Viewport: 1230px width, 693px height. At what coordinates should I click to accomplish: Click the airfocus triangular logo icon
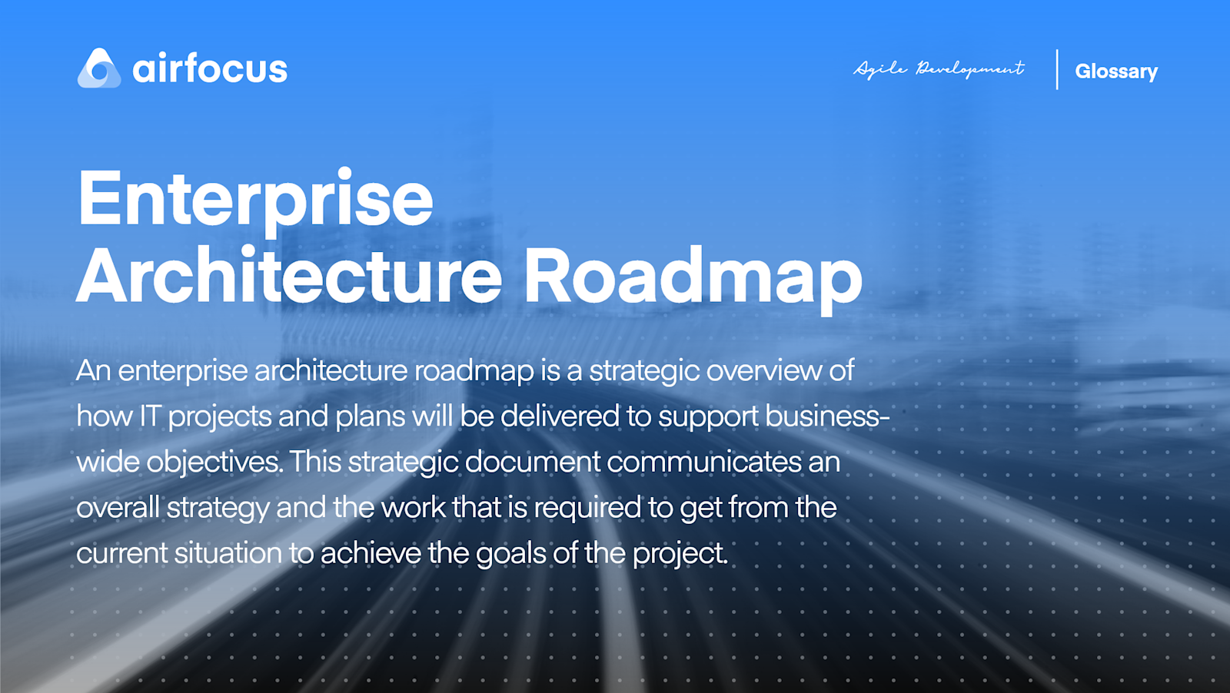[99, 69]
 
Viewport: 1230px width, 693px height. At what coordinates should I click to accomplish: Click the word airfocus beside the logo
[210, 69]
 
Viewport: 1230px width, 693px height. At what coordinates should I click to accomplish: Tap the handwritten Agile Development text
[939, 69]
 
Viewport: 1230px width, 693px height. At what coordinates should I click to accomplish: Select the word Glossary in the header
[1115, 71]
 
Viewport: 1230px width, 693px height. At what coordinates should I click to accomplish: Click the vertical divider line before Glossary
[1057, 69]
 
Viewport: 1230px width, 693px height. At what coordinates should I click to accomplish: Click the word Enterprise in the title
[256, 199]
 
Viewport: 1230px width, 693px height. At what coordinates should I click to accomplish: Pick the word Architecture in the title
[289, 277]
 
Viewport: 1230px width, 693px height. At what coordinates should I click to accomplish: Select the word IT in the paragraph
[149, 416]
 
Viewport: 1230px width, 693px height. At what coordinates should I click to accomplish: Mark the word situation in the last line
[228, 553]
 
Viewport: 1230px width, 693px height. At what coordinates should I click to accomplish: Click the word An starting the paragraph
[93, 371]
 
